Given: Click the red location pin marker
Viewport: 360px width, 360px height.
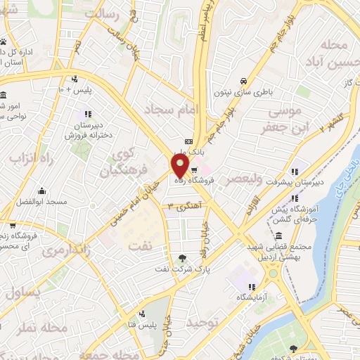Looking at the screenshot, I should click(180, 167).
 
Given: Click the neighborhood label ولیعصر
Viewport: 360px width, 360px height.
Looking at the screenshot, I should click(240, 180).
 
